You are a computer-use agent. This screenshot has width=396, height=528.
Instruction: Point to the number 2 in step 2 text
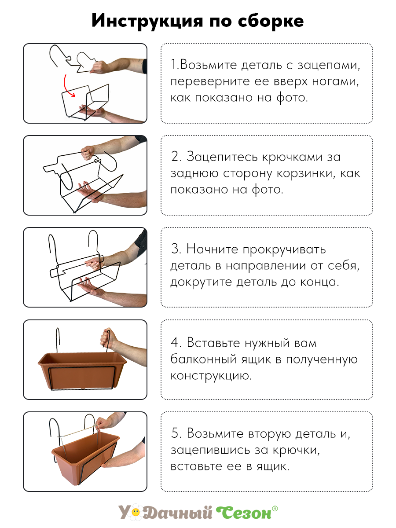(x=174, y=157)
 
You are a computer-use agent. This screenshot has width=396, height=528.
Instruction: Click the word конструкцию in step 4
(x=210, y=376)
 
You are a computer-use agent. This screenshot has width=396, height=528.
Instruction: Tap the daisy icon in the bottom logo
(x=136, y=512)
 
